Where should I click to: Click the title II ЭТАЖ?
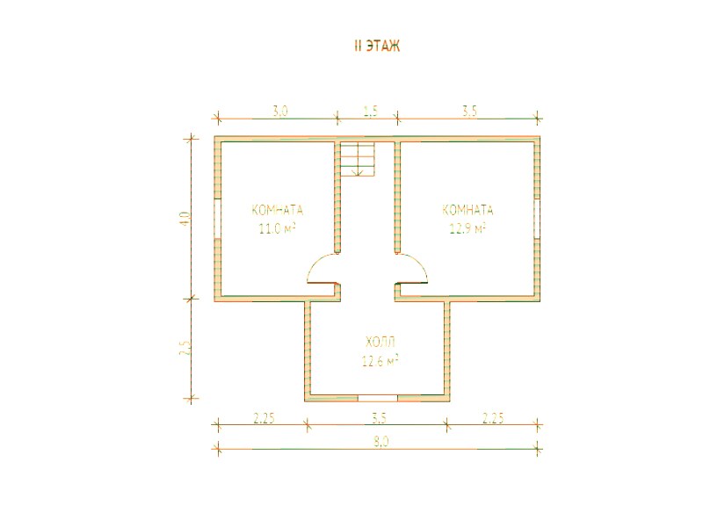(x=377, y=46)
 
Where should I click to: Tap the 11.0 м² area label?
(x=277, y=228)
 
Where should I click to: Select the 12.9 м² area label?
(x=467, y=228)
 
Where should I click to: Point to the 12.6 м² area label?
(x=380, y=361)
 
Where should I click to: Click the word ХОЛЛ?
(x=380, y=343)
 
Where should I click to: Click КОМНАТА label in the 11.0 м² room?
(x=278, y=210)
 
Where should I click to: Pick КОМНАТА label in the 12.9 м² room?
(x=467, y=210)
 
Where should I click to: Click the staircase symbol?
(x=358, y=159)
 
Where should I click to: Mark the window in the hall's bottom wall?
(x=378, y=398)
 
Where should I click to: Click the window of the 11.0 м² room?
(x=217, y=218)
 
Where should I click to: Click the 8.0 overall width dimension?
(x=380, y=442)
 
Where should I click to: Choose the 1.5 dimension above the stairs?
(x=371, y=111)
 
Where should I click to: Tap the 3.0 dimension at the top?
(x=280, y=111)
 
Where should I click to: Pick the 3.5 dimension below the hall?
(x=379, y=418)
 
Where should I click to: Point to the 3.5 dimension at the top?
(x=469, y=111)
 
